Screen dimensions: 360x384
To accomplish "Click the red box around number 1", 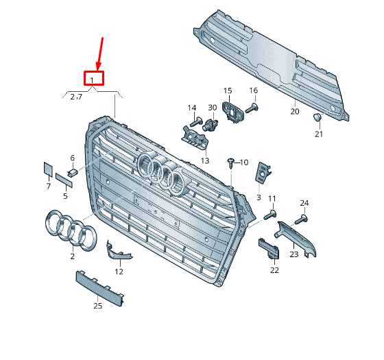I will (93, 79).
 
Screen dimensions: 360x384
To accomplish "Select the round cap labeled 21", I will (317, 118).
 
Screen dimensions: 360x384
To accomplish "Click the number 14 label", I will (192, 108).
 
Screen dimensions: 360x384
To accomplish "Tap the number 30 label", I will (212, 108).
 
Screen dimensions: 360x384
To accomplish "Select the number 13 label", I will (204, 160).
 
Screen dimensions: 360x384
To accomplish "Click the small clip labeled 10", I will (231, 163).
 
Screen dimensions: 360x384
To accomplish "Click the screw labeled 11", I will (269, 215).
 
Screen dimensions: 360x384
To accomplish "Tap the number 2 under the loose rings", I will (73, 256).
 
